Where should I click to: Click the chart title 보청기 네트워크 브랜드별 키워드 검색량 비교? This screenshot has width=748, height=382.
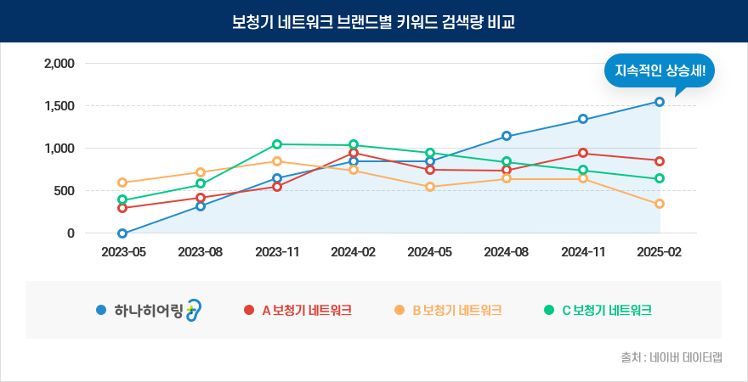coord(373,21)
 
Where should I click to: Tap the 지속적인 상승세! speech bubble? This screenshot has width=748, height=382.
coord(659,70)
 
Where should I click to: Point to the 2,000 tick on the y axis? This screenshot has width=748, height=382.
coord(59,64)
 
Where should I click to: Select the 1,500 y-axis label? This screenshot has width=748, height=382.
coord(59,106)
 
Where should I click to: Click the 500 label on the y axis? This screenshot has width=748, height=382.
coord(65,191)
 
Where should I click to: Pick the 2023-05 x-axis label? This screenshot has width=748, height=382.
coord(123,252)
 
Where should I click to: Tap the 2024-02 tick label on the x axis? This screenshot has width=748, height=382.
coord(354,252)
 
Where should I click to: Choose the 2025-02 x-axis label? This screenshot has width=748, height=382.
coord(660,252)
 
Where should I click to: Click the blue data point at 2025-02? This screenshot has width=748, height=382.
coord(660,102)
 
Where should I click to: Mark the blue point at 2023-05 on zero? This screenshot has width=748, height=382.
coord(122,233)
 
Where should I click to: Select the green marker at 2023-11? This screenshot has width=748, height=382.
coord(277,144)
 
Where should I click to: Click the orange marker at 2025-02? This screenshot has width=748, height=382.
coord(660,204)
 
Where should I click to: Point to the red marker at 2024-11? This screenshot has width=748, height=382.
coord(583,153)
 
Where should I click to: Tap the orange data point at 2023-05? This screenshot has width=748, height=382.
coord(122,183)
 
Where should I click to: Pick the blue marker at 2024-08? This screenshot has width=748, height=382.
coord(507,136)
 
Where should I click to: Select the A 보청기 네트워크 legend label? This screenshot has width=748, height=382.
coord(307,310)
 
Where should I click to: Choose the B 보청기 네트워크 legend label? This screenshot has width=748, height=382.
coord(456,310)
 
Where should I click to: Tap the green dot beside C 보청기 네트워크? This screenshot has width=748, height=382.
coord(548,310)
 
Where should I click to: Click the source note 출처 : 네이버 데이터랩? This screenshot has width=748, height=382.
coord(671,357)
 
